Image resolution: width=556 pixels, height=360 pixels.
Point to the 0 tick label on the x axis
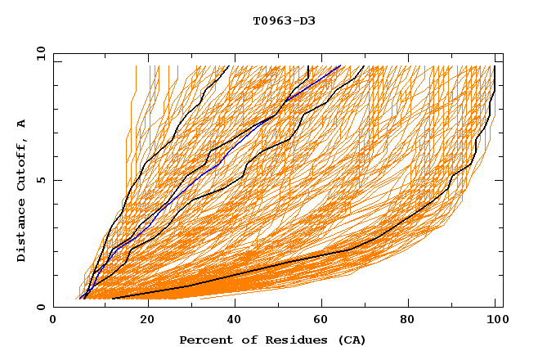coord(53,321)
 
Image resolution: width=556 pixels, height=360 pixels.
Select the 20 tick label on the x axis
coord(148,321)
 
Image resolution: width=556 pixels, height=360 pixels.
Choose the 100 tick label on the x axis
coord(495,321)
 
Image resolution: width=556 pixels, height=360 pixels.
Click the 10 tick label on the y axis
coord(41,53)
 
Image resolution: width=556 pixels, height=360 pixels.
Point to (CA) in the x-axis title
coord(352,340)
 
